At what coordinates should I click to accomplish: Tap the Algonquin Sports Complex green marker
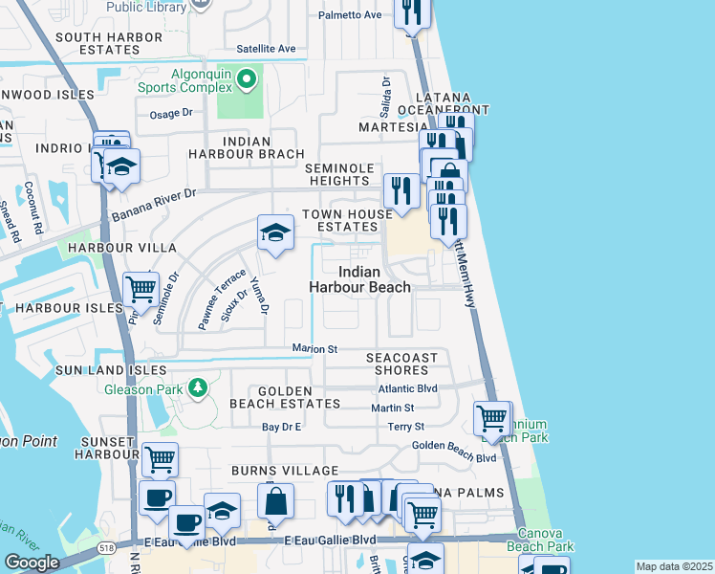(x=247, y=78)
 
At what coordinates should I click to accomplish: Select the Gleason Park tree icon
(x=197, y=387)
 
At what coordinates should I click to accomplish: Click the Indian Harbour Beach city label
(x=360, y=278)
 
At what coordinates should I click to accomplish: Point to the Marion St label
(x=314, y=350)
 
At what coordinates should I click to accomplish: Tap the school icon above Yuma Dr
(x=274, y=232)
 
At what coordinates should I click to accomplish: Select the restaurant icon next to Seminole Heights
(x=401, y=189)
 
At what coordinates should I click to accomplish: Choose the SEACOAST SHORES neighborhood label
(x=401, y=364)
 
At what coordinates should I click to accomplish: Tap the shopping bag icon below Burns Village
(x=274, y=500)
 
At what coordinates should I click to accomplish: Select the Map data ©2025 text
(x=674, y=566)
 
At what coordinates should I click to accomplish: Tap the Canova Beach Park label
(x=546, y=541)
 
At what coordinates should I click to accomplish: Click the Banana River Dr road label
(x=153, y=205)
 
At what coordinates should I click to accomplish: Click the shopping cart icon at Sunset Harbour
(x=160, y=459)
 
